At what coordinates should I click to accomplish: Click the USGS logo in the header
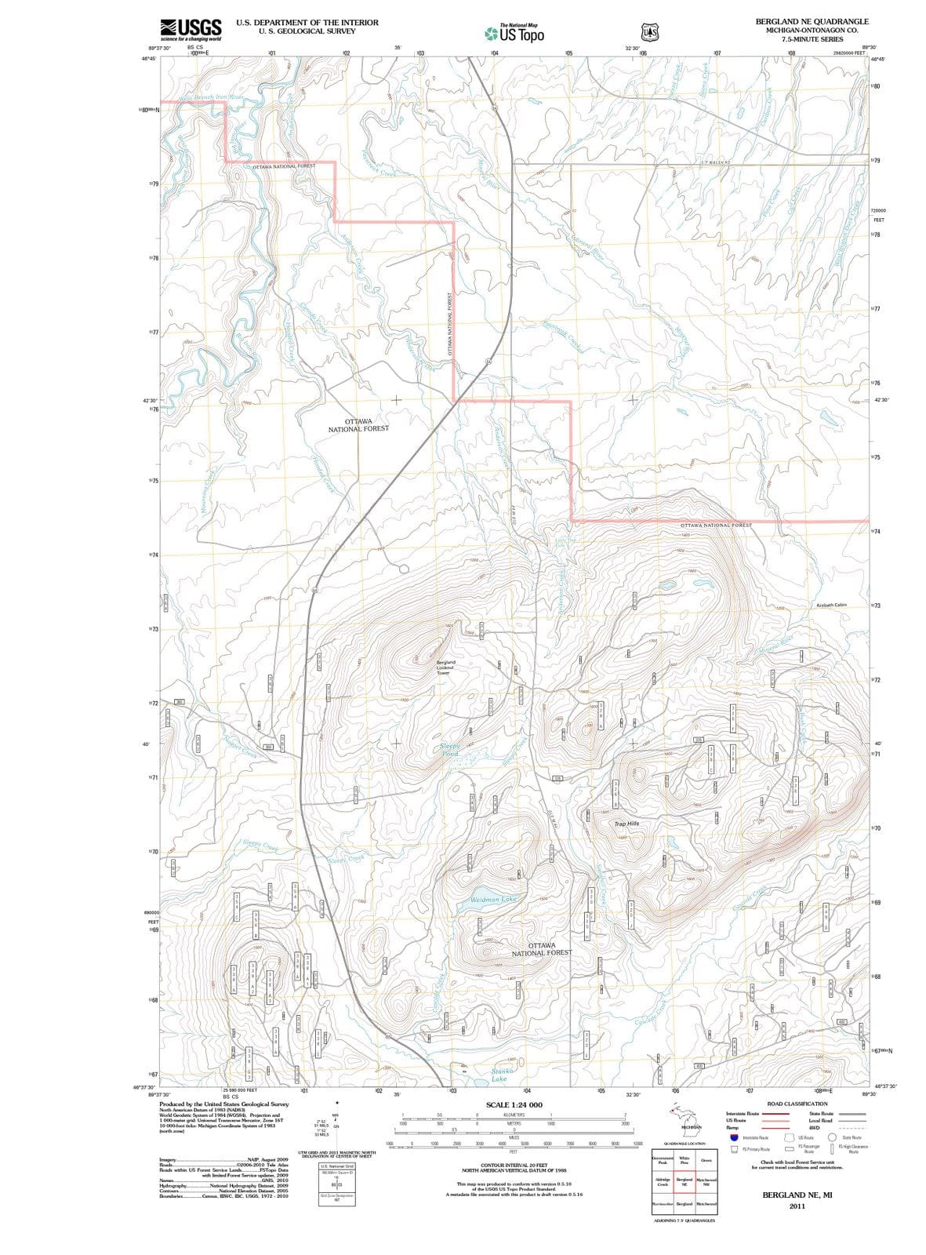[x=190, y=29]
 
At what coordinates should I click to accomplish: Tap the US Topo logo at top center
[x=514, y=34]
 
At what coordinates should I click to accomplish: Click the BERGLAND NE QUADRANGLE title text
[x=807, y=21]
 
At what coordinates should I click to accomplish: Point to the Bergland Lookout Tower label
[x=445, y=668]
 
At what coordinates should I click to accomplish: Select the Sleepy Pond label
[x=449, y=750]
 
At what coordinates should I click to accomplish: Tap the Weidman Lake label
[x=493, y=899]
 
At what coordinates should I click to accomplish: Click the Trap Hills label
[x=626, y=824]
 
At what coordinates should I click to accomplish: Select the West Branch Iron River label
[x=212, y=98]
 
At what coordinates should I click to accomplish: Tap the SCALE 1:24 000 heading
[x=514, y=1104]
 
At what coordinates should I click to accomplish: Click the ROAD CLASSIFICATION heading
[x=797, y=1104]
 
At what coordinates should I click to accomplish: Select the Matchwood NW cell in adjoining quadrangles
[x=706, y=1182]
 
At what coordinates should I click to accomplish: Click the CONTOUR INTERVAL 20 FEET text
[x=514, y=1166]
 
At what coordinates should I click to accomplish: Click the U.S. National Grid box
[x=336, y=1166]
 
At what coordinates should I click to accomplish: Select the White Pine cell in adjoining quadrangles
[x=684, y=1161]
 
